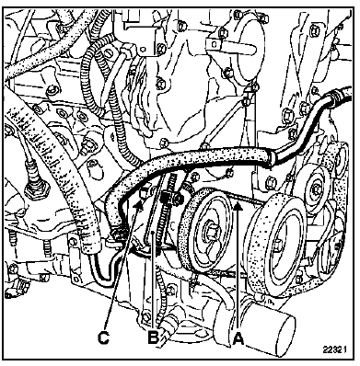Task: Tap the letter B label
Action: [153, 337]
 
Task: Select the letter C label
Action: [103, 337]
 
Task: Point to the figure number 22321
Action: [335, 349]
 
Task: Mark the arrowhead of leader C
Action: [139, 205]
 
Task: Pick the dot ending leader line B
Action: [153, 234]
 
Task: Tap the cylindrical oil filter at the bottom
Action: [270, 330]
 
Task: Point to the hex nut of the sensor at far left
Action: [36, 189]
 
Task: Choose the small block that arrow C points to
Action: [144, 194]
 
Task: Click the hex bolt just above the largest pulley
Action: [272, 182]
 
